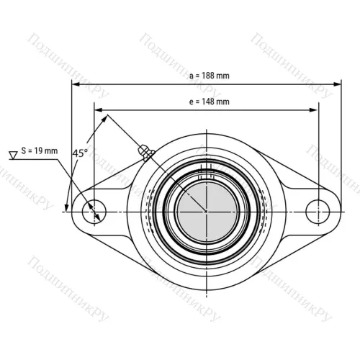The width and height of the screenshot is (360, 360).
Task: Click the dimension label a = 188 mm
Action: (210, 76)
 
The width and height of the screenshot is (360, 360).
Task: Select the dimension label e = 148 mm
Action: (210, 102)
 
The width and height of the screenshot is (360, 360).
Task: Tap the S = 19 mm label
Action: (40, 150)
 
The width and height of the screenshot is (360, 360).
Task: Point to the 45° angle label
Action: (80, 153)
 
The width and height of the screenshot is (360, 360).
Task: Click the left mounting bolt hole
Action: (94, 212)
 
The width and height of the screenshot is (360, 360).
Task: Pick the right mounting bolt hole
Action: (318, 212)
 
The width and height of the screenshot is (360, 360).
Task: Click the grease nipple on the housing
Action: (146, 153)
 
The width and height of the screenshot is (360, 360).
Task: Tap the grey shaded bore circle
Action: (207, 212)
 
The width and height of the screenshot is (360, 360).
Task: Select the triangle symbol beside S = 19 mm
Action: (13, 155)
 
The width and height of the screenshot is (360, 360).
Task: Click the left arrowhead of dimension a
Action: (76, 84)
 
